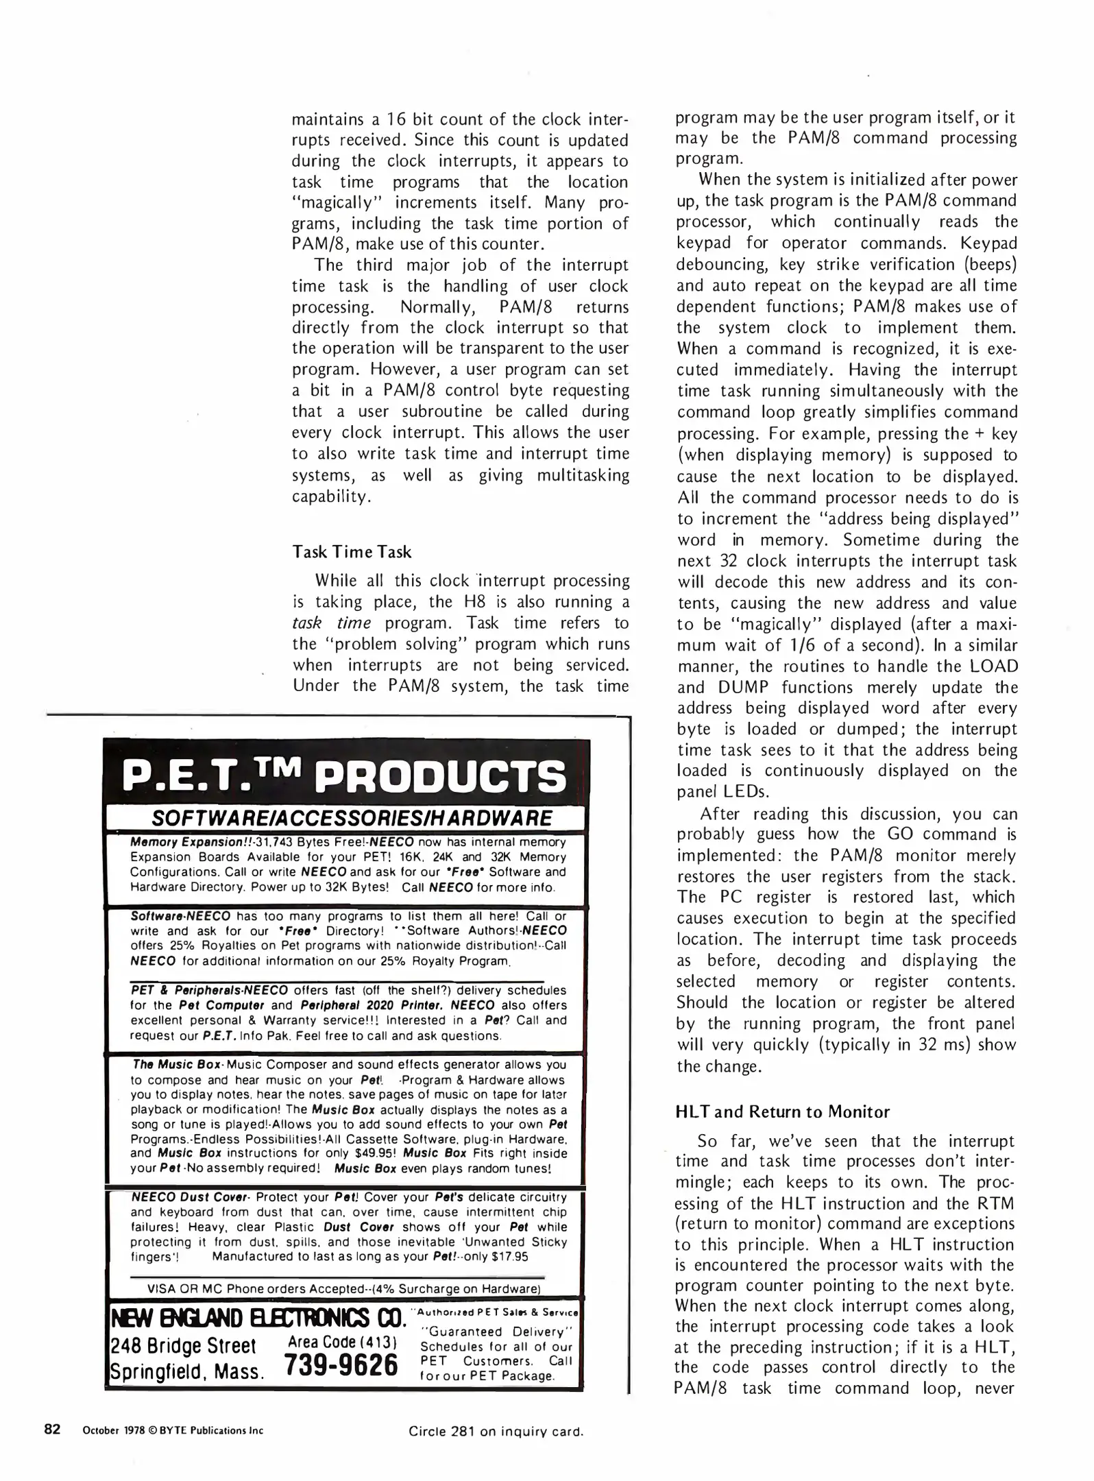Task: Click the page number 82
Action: [53, 1429]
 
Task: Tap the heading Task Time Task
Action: [352, 552]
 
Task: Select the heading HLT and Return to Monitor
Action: [782, 1111]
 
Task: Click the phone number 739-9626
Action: [341, 1364]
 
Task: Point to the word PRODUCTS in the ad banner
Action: [443, 776]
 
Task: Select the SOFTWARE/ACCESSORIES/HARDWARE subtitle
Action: [351, 817]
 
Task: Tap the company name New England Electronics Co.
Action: [255, 1318]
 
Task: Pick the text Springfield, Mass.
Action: [188, 1371]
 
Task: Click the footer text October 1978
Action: [110, 1430]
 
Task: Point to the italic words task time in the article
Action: [331, 623]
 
